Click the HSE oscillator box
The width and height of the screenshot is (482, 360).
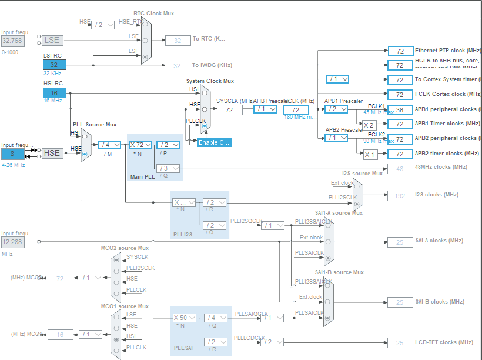click(52, 153)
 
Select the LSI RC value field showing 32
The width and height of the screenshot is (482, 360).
click(54, 64)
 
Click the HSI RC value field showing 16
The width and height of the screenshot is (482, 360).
click(54, 92)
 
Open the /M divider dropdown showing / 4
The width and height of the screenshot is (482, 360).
click(109, 145)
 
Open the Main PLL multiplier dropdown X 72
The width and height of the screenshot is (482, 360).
click(140, 145)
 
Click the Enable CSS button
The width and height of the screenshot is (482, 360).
click(214, 142)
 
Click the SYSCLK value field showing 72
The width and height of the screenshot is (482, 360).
click(229, 110)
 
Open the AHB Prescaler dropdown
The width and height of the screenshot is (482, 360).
click(265, 109)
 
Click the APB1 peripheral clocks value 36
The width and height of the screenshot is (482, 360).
click(400, 109)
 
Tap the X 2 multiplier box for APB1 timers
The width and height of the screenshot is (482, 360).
click(369, 125)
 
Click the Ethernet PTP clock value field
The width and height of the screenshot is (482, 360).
click(400, 51)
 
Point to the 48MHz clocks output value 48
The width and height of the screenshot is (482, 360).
click(400, 169)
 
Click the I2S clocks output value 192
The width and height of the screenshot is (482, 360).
click(400, 195)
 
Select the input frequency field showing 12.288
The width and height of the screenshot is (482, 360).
click(13, 242)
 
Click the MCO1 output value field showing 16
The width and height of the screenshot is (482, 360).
click(60, 334)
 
